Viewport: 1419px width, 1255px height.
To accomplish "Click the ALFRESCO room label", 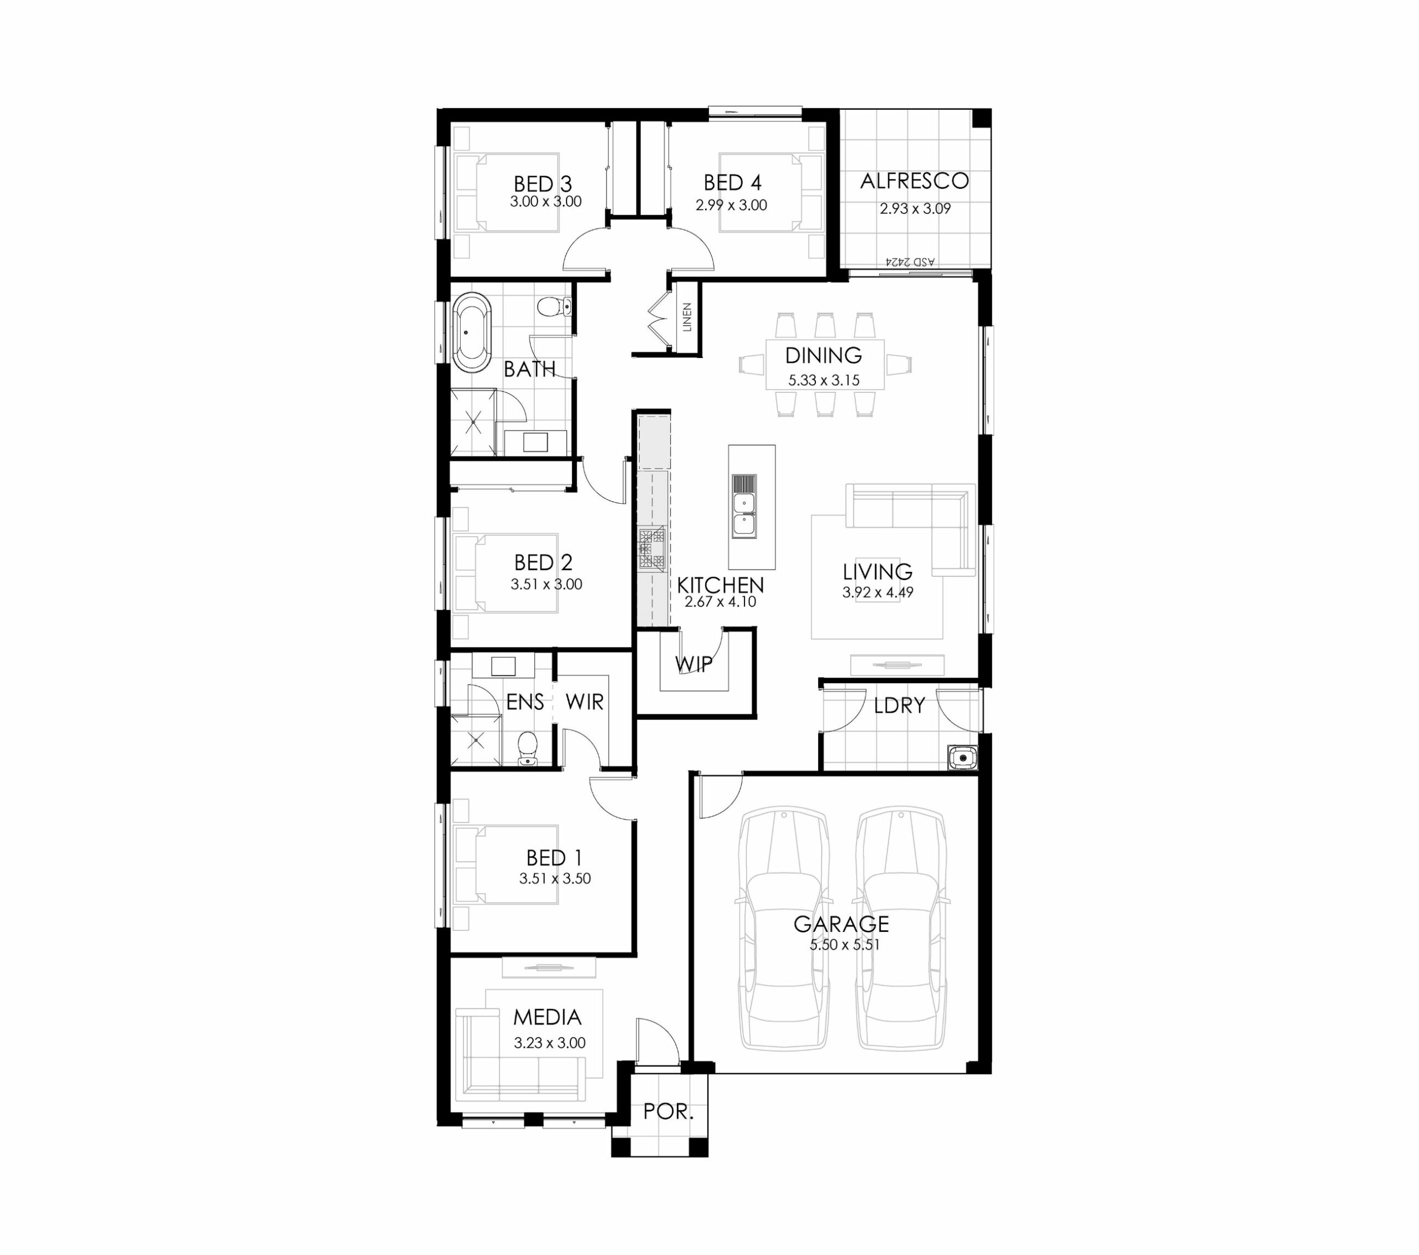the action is click(x=914, y=181).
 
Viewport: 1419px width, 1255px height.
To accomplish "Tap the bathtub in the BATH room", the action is click(x=471, y=332).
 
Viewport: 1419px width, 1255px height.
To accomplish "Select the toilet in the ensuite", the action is click(x=528, y=747).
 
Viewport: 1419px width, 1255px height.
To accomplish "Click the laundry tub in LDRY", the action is click(x=962, y=757).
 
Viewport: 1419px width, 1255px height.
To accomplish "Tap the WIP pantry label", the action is click(x=693, y=664).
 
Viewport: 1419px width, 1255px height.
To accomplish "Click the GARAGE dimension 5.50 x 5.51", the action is click(x=844, y=945).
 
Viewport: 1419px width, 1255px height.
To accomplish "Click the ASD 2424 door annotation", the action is click(x=910, y=262).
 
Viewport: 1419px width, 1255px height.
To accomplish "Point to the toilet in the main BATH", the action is click(x=554, y=306).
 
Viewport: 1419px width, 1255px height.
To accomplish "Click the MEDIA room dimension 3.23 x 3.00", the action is click(x=550, y=1043).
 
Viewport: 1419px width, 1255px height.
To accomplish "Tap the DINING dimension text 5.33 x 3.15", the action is click(x=824, y=381).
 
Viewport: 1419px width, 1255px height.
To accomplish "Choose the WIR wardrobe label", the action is click(x=585, y=703).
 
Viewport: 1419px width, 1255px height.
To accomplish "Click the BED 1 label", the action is click(x=554, y=858).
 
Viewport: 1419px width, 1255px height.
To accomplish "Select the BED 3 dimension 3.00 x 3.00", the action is click(x=545, y=202).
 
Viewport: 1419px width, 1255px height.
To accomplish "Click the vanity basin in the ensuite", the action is click(x=503, y=667).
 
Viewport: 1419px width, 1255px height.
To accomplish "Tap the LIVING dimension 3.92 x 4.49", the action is click(x=877, y=592).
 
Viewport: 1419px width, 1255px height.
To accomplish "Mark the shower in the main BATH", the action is click(x=473, y=422).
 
